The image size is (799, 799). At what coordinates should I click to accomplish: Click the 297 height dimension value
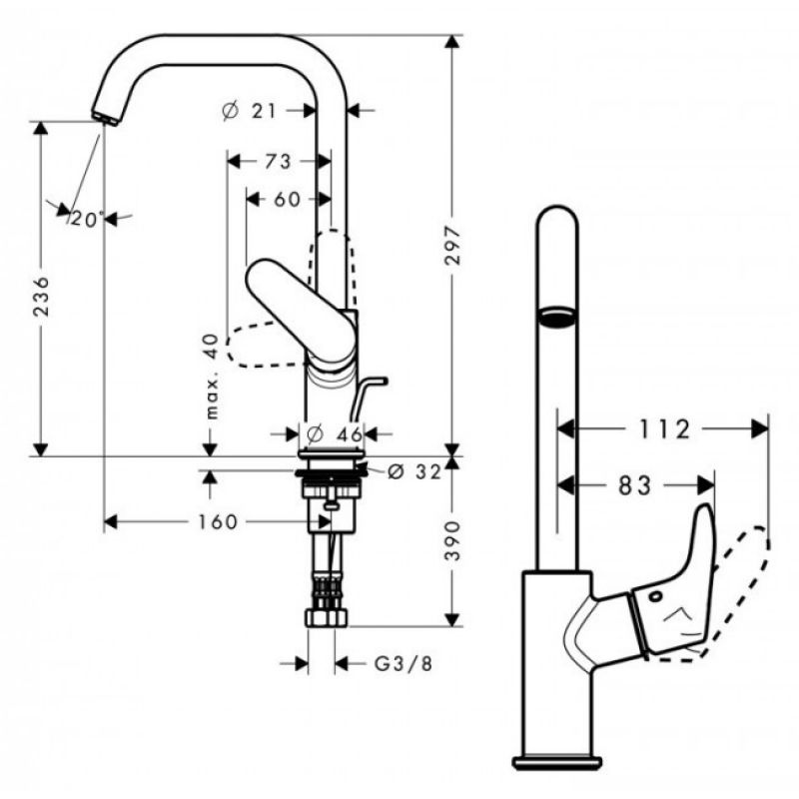click(x=452, y=246)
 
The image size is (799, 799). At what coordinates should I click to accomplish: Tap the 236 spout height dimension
click(x=41, y=297)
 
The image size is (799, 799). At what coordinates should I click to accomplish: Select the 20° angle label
click(x=87, y=219)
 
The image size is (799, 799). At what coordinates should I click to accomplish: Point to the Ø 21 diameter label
click(x=249, y=110)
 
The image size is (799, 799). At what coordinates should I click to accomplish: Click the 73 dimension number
click(x=278, y=162)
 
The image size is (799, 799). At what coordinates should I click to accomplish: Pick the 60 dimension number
click(x=288, y=199)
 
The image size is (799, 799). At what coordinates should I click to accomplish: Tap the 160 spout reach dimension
click(x=218, y=521)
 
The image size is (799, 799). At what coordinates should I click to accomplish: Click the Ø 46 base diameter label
click(x=335, y=434)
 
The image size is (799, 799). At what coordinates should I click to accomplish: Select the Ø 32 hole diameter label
click(x=413, y=471)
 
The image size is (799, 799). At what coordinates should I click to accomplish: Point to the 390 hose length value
click(x=452, y=541)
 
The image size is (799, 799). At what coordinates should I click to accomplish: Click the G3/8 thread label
click(x=403, y=663)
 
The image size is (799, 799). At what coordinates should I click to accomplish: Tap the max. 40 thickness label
click(x=212, y=377)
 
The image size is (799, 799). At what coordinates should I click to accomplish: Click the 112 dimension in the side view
click(x=664, y=429)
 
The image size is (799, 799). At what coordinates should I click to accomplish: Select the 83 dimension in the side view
click(x=635, y=485)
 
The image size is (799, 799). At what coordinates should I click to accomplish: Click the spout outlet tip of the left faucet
click(x=106, y=118)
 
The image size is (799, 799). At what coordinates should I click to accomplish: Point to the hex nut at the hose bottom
click(x=327, y=617)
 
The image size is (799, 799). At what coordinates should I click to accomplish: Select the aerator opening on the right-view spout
click(x=557, y=317)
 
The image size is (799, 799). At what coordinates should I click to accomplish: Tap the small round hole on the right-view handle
click(x=655, y=595)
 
